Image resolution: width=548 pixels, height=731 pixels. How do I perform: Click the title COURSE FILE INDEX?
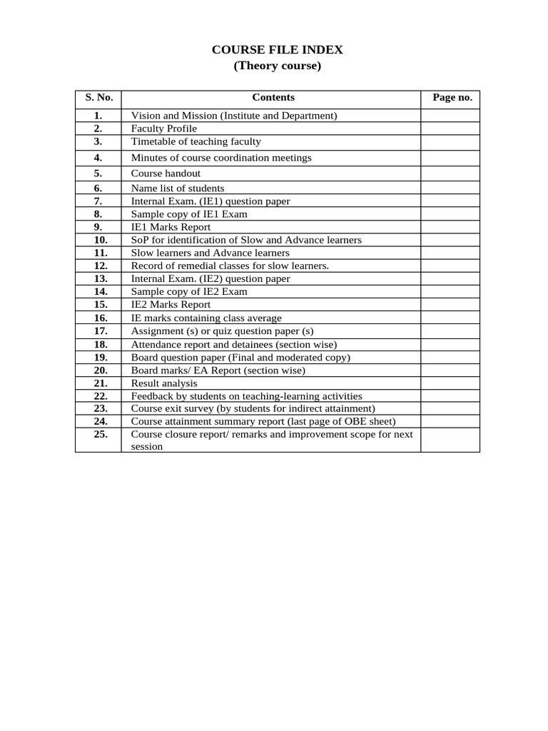(278, 50)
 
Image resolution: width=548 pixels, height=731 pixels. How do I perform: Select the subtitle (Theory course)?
(278, 66)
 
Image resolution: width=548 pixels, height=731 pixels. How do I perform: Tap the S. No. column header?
(98, 98)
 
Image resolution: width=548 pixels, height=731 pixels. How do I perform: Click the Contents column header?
(273, 98)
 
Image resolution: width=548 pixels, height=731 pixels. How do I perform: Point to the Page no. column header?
(452, 98)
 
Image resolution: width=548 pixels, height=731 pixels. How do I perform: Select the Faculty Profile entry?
(163, 128)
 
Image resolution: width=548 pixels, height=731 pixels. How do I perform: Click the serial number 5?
(98, 173)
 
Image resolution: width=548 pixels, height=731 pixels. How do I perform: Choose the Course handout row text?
(166, 173)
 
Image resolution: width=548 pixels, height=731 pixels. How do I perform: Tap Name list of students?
(177, 188)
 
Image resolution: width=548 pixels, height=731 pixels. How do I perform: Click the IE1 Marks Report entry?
(171, 227)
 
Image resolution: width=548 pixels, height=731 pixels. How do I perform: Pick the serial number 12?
(100, 266)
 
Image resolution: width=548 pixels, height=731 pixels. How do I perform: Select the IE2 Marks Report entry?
(171, 305)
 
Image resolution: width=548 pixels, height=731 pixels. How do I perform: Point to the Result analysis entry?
(164, 383)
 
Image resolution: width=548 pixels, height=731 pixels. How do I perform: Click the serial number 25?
(100, 434)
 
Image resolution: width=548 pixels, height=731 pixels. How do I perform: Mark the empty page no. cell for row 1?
(450, 116)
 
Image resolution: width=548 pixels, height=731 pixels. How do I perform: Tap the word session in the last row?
(147, 447)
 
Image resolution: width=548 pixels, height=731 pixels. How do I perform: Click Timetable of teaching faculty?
(196, 142)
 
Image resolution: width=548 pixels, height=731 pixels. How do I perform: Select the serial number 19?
(100, 357)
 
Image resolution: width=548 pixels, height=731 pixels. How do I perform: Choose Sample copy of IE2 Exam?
(189, 292)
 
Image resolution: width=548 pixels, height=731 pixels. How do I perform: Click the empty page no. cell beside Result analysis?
(450, 383)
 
